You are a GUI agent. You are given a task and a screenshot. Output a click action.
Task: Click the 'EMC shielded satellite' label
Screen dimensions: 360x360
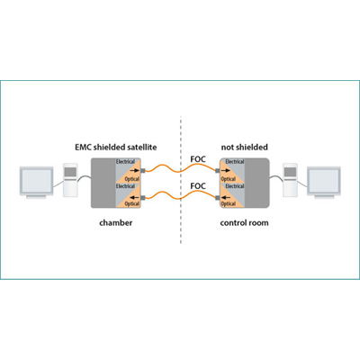point(116,148)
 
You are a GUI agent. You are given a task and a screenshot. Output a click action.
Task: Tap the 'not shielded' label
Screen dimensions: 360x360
point(244,148)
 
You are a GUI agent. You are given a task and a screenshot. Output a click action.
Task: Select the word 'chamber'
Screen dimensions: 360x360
point(116,223)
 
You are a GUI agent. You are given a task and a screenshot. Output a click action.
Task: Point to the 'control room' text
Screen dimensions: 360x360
point(244,223)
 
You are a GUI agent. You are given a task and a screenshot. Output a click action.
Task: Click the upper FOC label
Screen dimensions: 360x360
point(198,159)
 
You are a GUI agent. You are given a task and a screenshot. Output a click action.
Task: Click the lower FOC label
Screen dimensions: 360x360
point(198,186)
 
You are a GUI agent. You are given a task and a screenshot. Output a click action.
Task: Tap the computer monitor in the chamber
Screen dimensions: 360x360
point(36,183)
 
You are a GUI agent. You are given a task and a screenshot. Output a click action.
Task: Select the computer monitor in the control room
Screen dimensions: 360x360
point(324,183)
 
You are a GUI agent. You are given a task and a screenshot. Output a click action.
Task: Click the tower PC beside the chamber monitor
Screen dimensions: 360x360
point(70,180)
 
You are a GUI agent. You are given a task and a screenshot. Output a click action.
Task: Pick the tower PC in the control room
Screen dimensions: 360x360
point(290,180)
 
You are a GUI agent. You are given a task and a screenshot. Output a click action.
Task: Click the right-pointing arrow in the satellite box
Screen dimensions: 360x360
point(135,170)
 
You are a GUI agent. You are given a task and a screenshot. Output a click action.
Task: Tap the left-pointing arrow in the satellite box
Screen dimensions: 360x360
point(135,197)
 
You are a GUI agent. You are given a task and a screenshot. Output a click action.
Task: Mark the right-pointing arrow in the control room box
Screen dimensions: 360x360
point(226,170)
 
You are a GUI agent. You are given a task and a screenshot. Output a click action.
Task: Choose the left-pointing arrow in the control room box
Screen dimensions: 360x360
point(226,197)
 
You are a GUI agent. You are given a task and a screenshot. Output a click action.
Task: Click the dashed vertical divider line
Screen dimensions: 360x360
point(181,180)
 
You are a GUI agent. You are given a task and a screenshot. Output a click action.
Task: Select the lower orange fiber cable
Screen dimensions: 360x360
point(180,197)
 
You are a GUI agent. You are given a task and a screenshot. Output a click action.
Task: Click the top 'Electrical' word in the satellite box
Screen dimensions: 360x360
point(125,162)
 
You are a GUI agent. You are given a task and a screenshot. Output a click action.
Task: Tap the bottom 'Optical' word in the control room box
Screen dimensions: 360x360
point(229,203)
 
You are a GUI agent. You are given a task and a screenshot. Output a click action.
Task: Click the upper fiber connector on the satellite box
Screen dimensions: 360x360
point(143,170)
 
